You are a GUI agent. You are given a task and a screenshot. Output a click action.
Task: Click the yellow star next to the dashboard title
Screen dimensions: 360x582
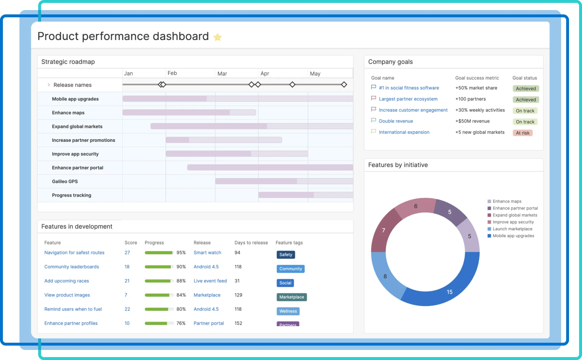click(218, 37)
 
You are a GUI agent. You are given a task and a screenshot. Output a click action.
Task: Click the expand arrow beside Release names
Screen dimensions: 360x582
click(49, 85)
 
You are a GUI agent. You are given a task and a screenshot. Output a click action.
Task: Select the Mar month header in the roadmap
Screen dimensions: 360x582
click(222, 73)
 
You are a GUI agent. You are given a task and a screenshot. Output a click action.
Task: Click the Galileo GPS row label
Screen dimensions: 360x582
click(65, 181)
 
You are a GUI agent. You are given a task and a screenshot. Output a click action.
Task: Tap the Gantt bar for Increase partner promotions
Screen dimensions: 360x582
click(223, 140)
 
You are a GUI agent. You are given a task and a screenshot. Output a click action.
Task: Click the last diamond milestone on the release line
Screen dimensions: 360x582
click(344, 85)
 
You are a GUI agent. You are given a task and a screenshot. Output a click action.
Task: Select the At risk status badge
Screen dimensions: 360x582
click(522, 133)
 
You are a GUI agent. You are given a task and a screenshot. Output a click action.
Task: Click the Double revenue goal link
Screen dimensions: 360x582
click(396, 121)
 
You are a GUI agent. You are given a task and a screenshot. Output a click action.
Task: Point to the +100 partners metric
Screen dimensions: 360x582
click(470, 99)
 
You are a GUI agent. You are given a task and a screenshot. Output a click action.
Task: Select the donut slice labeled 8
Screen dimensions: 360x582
click(385, 276)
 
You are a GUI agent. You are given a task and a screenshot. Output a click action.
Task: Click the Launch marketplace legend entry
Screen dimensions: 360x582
click(512, 229)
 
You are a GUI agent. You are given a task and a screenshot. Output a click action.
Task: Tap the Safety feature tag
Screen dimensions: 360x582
click(286, 255)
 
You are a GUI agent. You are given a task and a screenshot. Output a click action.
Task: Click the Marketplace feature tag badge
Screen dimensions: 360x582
click(291, 297)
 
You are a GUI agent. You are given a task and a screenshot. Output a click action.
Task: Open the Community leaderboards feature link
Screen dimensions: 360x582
click(72, 267)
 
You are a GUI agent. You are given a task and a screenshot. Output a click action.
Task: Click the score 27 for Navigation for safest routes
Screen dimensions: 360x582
click(127, 253)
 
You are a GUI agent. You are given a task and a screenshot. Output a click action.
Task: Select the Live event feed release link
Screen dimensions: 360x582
click(210, 281)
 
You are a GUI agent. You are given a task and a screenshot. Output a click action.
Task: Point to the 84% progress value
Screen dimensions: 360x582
click(181, 295)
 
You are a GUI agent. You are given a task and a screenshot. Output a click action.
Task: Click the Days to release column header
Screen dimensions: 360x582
click(251, 243)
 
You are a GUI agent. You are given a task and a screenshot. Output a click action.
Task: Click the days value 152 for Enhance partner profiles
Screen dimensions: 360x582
click(238, 323)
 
